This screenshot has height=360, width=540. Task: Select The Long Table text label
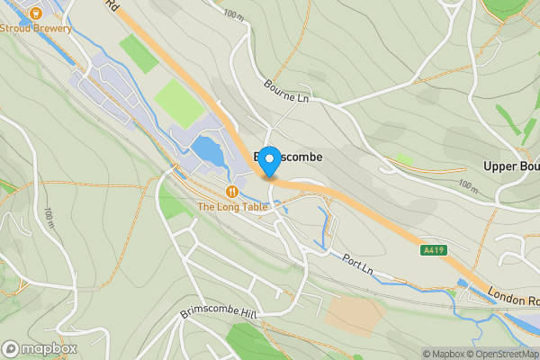coord(233,206)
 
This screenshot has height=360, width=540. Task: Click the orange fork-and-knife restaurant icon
coord(233,191)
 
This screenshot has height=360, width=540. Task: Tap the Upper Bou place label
coord(503,167)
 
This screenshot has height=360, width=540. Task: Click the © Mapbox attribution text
coord(441,354)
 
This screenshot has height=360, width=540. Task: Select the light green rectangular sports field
coord(181,104)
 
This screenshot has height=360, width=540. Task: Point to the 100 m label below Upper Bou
coord(468,185)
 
